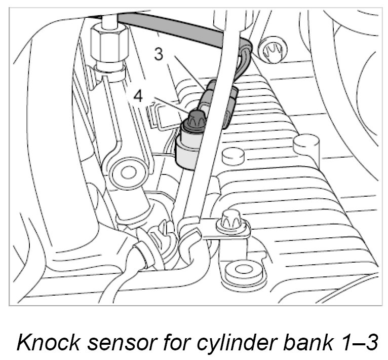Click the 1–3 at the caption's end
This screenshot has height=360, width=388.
click(x=357, y=342)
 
